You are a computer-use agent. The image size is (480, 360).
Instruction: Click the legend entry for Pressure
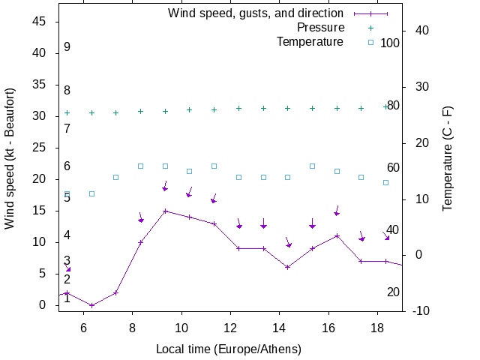320,28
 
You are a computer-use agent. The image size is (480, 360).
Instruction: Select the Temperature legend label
310,42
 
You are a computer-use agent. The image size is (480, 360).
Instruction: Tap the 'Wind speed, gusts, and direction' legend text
256,13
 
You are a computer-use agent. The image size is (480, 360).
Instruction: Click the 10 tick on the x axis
181,328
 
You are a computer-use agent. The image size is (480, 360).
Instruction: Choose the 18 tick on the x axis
377,328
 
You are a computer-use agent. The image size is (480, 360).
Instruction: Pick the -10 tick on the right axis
421,310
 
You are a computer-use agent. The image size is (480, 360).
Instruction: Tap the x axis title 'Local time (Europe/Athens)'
229,349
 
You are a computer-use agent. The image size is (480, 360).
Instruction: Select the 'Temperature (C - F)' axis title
448,158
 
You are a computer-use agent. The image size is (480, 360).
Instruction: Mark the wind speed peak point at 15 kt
165,211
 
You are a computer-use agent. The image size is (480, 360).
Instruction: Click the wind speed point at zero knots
91,305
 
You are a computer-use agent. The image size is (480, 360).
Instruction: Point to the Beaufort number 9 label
67,47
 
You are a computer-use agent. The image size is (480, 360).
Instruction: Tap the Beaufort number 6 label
67,166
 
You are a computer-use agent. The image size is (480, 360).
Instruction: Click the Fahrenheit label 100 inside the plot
390,43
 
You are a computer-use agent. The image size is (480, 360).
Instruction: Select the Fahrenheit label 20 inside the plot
393,292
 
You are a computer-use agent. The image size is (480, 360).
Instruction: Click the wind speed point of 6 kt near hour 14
288,267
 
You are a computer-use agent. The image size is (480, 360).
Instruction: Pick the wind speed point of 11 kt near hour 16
337,235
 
